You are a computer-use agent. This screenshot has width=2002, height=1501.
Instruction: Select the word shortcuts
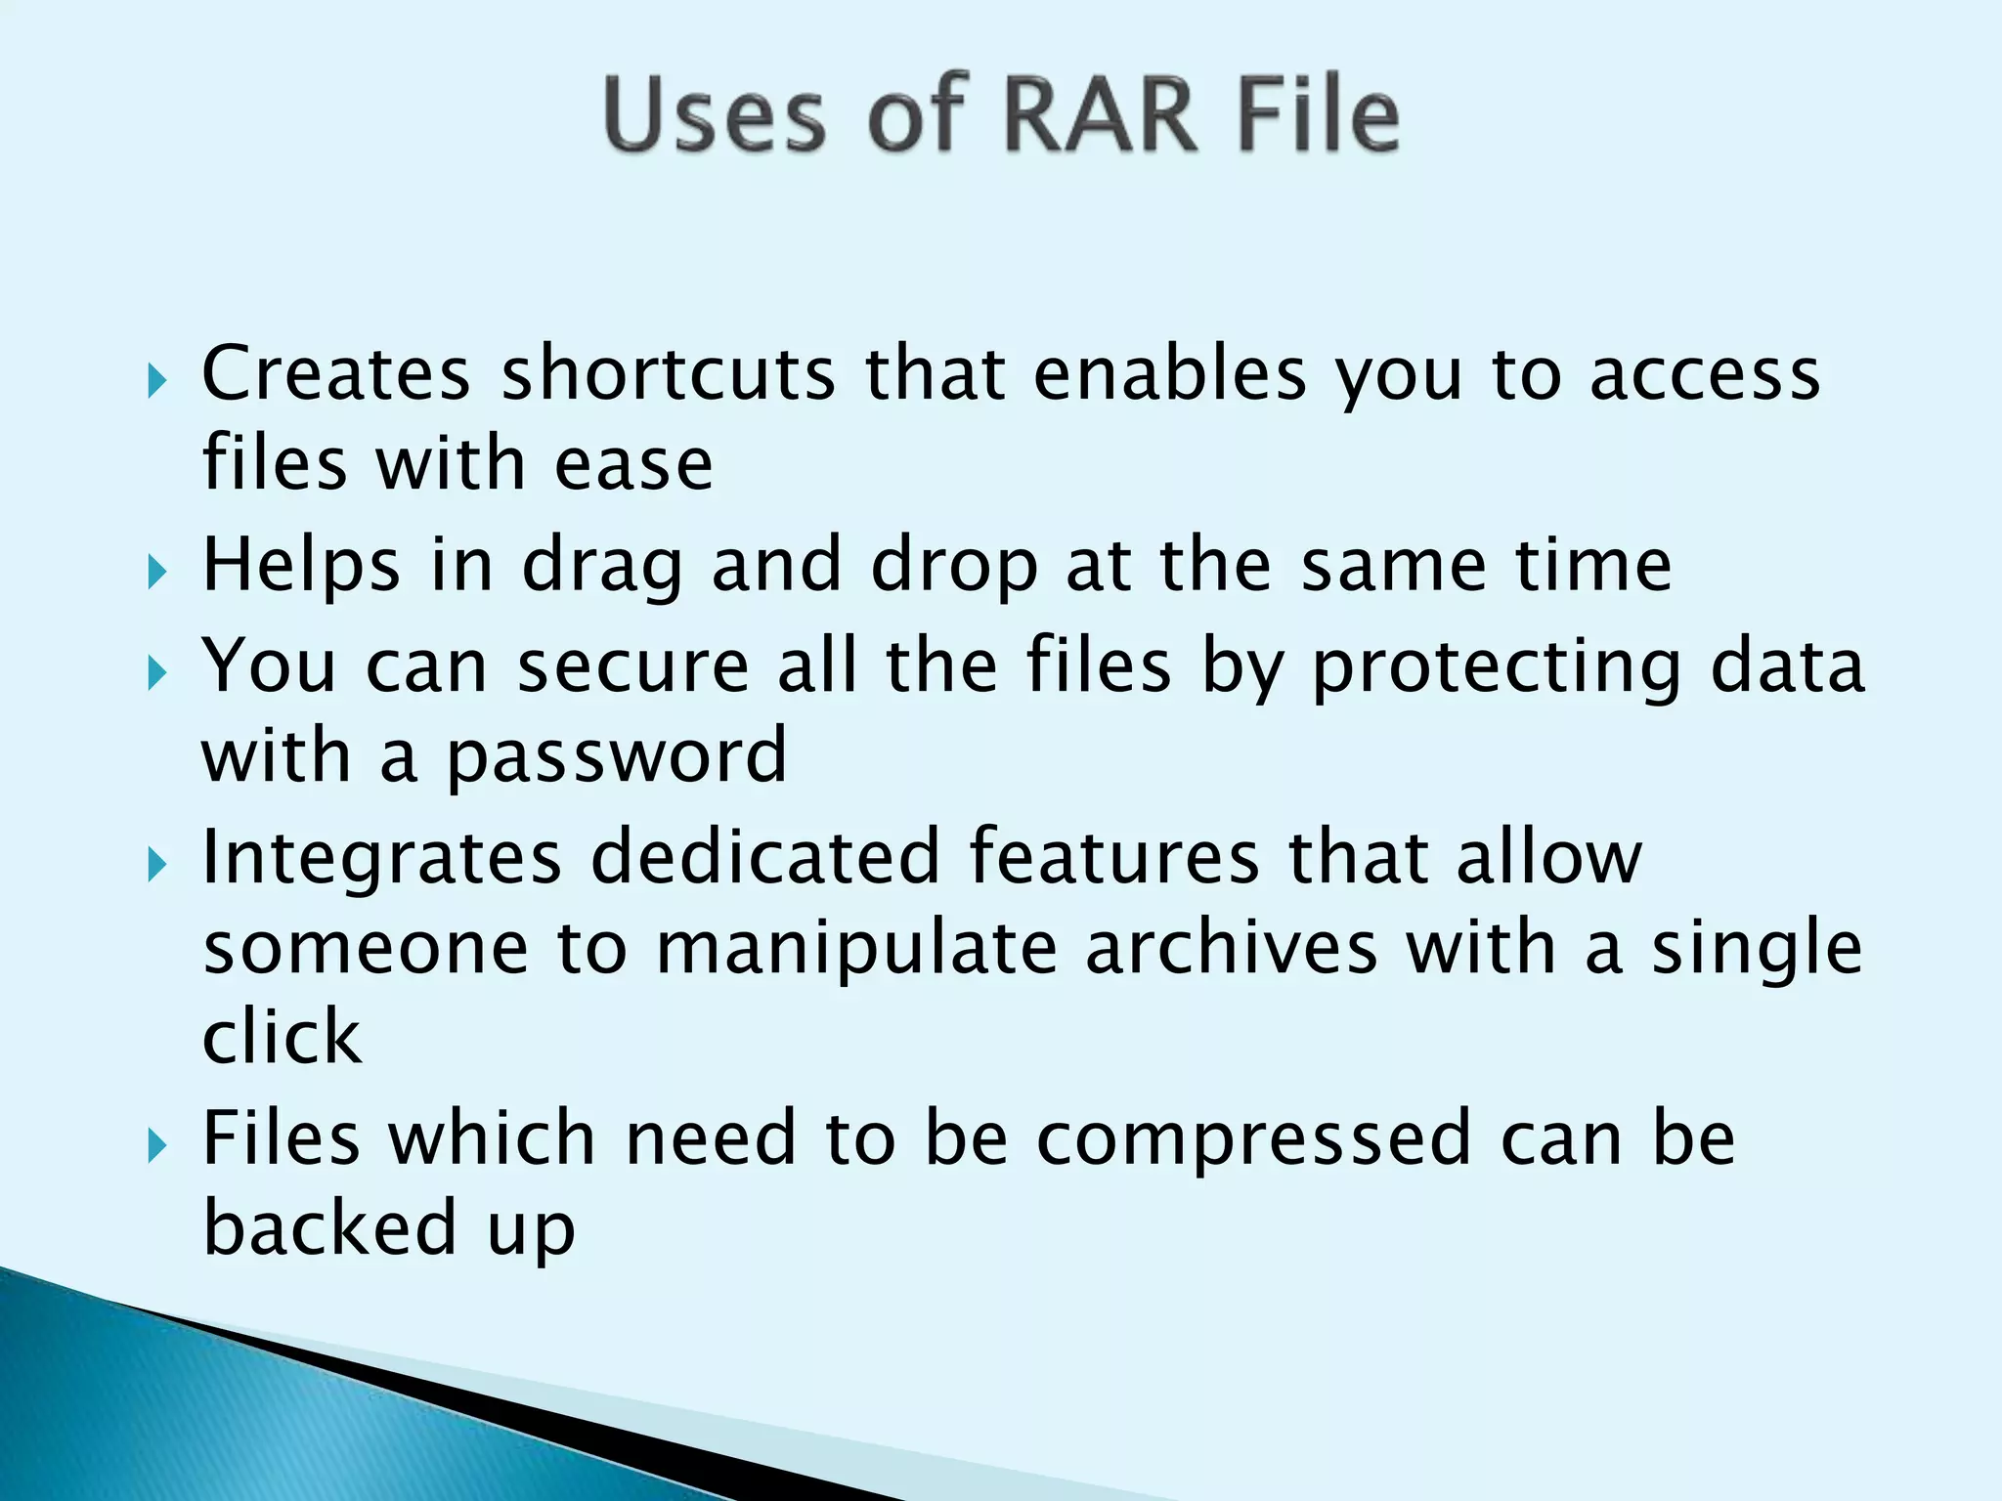pyautogui.click(x=669, y=373)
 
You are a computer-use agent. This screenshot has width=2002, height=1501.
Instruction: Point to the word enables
pyautogui.click(x=1170, y=373)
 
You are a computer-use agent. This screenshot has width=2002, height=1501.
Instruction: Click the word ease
pyautogui.click(x=633, y=464)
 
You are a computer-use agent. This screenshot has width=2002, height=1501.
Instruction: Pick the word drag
pyautogui.click(x=601, y=567)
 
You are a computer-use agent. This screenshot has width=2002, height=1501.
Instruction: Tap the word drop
pyautogui.click(x=953, y=567)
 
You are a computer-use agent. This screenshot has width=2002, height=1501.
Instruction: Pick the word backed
pyautogui.click(x=330, y=1228)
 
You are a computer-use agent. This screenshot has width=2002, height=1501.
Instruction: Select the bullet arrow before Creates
pyautogui.click(x=157, y=379)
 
